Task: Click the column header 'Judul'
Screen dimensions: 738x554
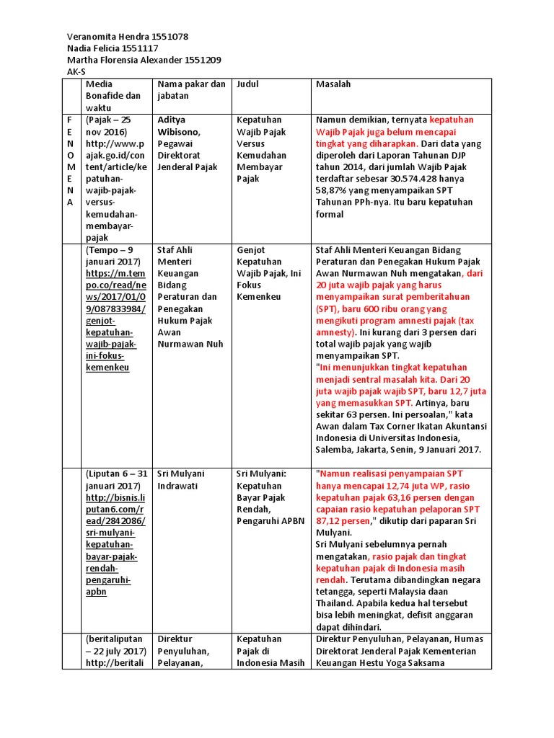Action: pyautogui.click(x=247, y=84)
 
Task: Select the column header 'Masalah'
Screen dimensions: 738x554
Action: pyautogui.click(x=333, y=84)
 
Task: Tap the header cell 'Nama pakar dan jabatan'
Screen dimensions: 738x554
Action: pyautogui.click(x=191, y=89)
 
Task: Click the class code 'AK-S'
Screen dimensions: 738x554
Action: pyautogui.click(x=76, y=72)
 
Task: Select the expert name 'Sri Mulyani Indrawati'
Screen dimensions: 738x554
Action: pyautogui.click(x=181, y=480)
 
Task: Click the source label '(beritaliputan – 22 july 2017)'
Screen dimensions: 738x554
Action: pyautogui.click(x=115, y=645)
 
